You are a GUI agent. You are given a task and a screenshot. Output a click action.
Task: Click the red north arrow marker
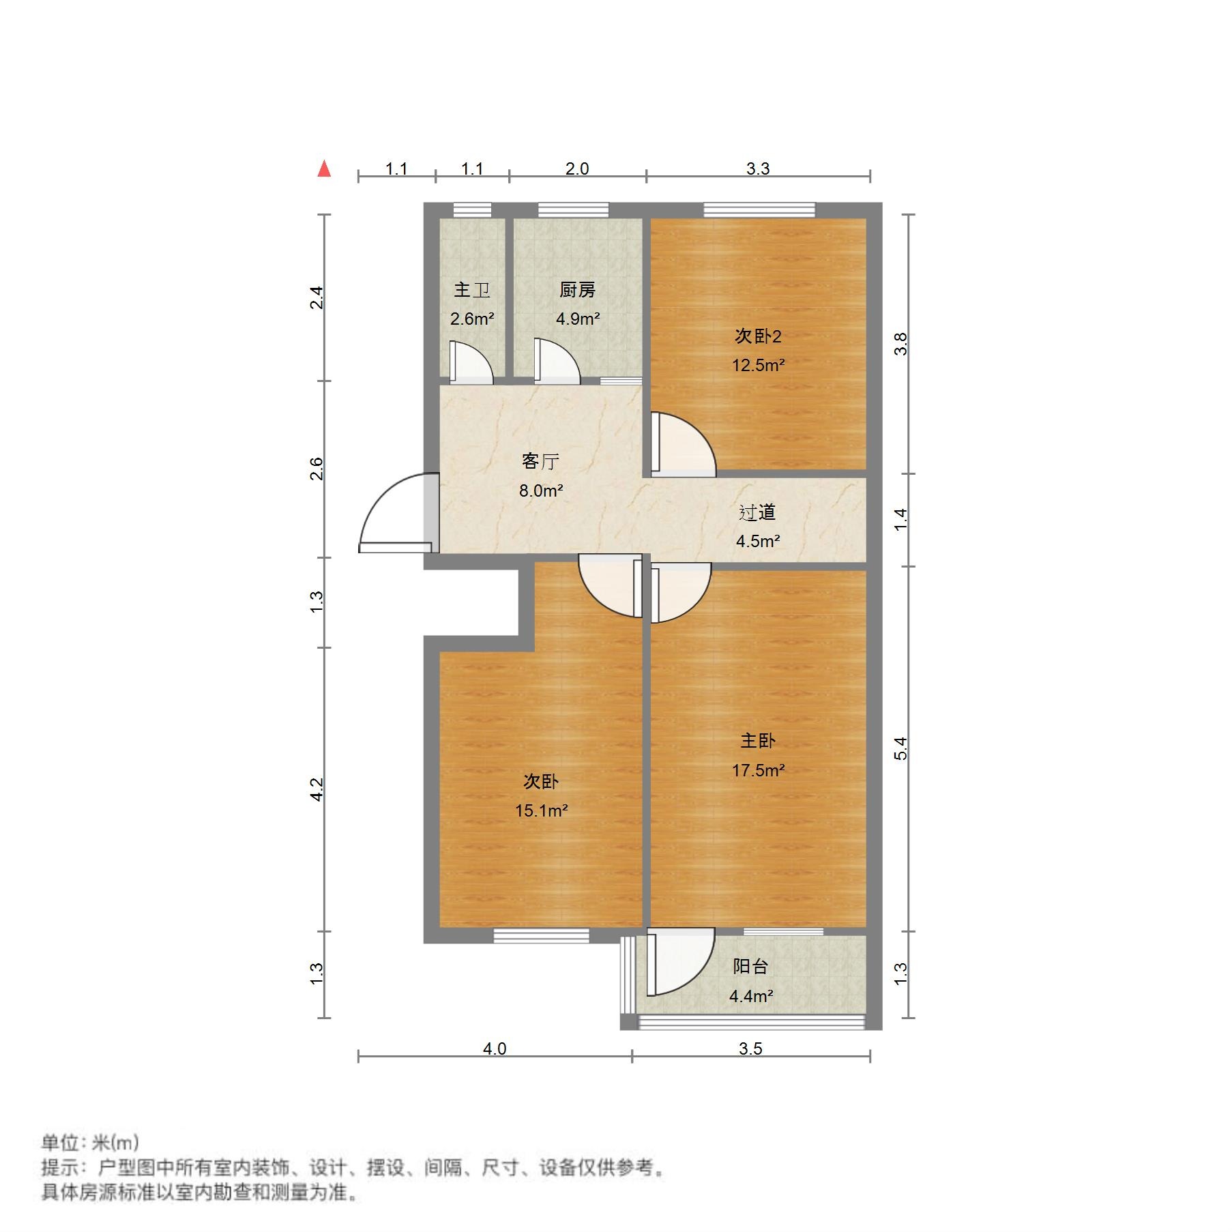coord(324,168)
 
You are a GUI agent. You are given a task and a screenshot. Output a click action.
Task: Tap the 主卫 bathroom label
coord(472,290)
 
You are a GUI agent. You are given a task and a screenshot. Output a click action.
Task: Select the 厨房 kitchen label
coord(577,290)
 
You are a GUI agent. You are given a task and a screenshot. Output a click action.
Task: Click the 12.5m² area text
coord(758,365)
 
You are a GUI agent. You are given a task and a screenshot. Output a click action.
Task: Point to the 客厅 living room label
coord(540,462)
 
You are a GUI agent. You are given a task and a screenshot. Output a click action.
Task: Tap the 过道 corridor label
coord(757,512)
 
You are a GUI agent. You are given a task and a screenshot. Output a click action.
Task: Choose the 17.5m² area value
coord(758,770)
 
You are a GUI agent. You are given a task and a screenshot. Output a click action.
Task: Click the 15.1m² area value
coord(541,810)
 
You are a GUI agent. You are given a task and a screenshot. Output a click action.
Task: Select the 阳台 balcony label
coord(750,966)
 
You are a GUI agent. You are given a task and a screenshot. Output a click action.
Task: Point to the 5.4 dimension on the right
coord(901,748)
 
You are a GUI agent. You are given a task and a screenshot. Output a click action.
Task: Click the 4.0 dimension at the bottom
coord(495,1048)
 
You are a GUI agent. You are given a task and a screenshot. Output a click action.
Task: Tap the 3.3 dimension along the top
coord(757,168)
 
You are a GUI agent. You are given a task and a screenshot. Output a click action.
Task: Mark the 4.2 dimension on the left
coord(317,789)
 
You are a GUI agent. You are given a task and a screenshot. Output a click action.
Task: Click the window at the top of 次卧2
coord(759,209)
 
